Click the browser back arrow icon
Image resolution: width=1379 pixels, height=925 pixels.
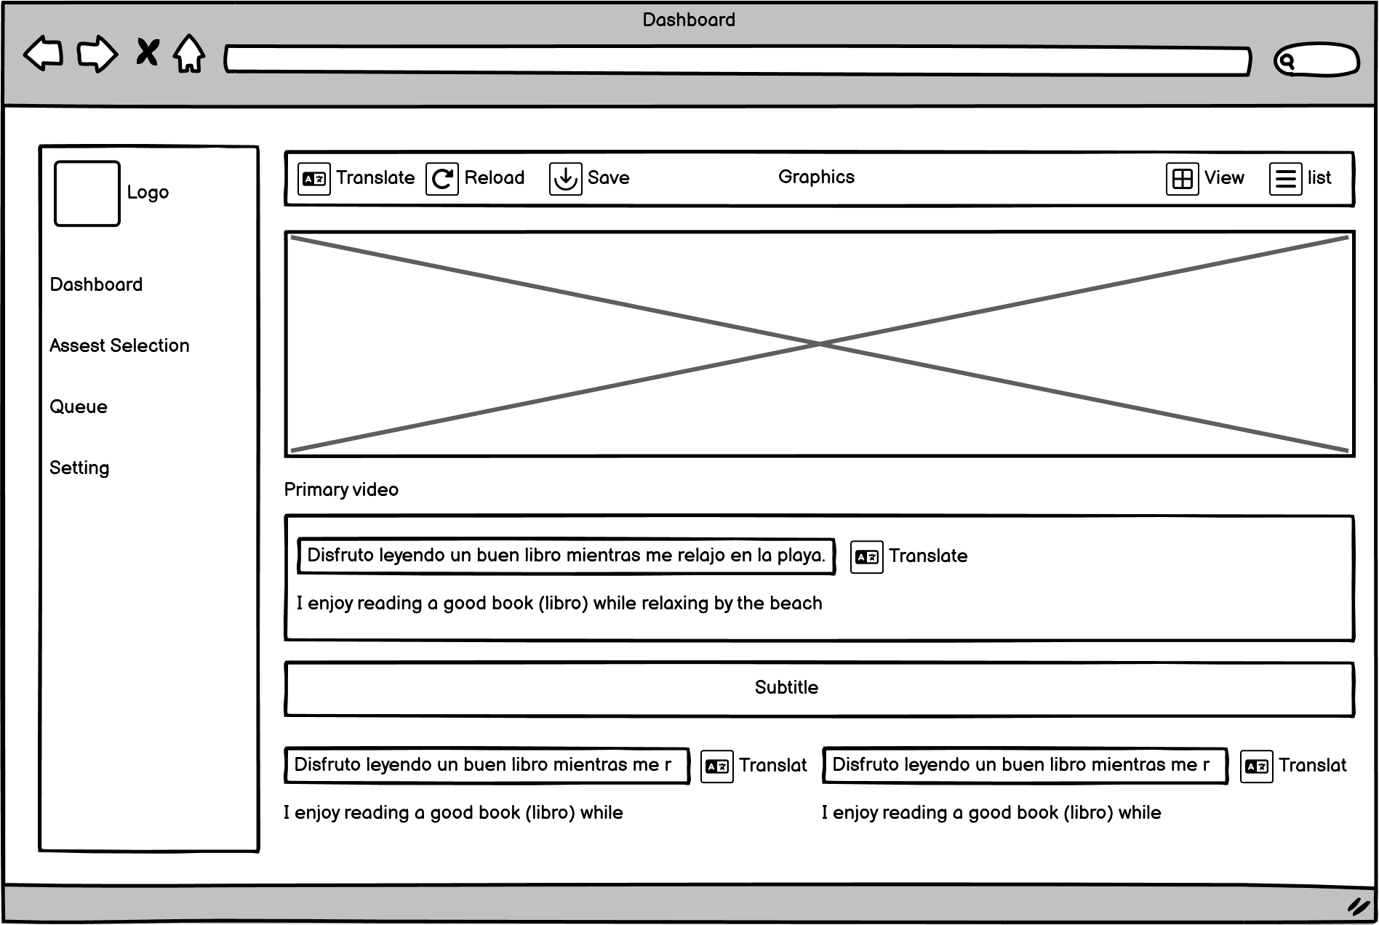(x=44, y=54)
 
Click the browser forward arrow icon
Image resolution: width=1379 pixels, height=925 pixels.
(x=97, y=54)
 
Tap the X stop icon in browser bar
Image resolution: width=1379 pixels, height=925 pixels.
(x=148, y=52)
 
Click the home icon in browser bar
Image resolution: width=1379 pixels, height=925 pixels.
(x=189, y=54)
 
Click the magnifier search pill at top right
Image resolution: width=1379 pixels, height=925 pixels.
(x=1316, y=60)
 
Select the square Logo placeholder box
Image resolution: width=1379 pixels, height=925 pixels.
(x=87, y=193)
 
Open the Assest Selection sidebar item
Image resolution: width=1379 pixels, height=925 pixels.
(x=119, y=345)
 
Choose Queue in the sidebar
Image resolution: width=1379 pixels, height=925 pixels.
(x=79, y=407)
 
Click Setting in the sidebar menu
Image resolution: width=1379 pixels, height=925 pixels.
(x=79, y=468)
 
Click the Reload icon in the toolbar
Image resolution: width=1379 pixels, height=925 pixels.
(x=442, y=179)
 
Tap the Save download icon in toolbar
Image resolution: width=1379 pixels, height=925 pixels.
(x=565, y=179)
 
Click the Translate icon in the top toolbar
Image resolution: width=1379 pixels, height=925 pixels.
(x=314, y=179)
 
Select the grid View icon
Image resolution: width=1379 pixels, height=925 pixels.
(x=1183, y=179)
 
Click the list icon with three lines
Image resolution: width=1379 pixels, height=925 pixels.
(x=1285, y=179)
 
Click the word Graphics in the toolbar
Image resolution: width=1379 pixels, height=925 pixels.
(x=816, y=177)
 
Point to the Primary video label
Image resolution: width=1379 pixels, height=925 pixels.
(x=341, y=489)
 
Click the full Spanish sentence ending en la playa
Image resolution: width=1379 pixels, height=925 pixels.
(x=566, y=556)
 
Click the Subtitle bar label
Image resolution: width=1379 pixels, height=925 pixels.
(x=786, y=687)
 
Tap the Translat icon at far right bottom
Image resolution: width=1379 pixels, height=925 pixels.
(x=1256, y=766)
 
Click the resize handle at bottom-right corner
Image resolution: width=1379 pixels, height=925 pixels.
(x=1357, y=906)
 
